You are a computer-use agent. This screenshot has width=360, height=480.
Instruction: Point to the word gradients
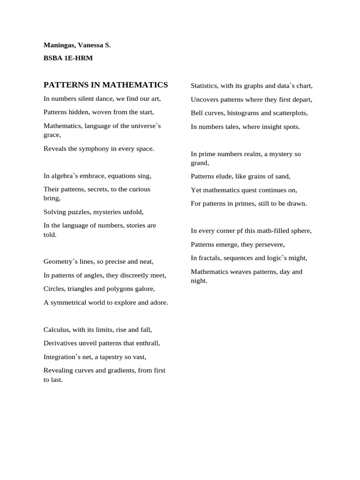click(x=120, y=370)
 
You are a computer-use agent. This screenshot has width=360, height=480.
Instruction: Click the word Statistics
click(x=204, y=86)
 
